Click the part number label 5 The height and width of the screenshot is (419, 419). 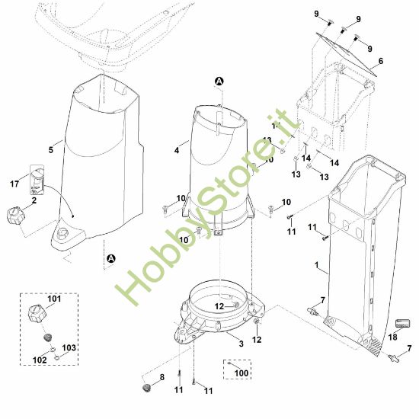pos(51,150)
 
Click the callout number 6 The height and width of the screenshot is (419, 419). pos(380,61)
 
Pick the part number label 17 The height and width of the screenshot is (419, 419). pos(14,184)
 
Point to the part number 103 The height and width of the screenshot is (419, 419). pos(69,347)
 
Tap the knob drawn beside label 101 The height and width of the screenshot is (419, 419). pos(37,313)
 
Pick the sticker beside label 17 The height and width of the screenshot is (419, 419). pos(37,179)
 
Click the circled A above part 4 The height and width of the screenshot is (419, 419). pos(220,81)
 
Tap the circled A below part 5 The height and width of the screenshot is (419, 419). pos(110,259)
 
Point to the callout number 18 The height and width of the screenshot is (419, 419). pos(393,337)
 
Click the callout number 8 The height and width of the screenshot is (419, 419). pos(161,377)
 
